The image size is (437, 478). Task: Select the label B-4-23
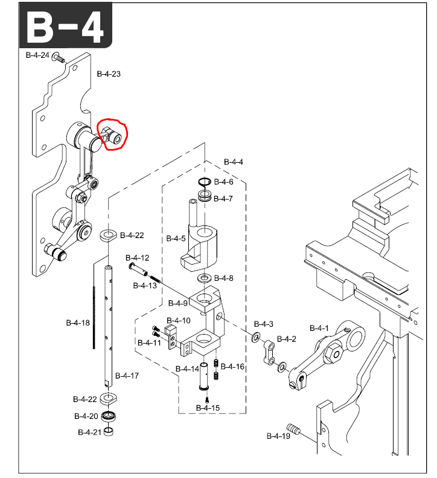point(109,74)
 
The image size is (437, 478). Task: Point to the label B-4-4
point(233,162)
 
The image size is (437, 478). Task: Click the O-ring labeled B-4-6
point(204,182)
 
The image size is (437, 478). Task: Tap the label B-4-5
point(176,238)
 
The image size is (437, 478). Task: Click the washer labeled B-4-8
point(204,278)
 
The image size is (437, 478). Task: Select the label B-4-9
point(178,303)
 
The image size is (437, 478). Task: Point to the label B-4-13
point(145,285)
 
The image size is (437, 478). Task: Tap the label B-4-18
point(77,322)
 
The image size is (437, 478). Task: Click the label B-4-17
point(127,376)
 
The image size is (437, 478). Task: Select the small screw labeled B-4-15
point(206,398)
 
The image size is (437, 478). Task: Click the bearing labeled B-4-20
point(110,416)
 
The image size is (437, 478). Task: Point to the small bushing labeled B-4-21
point(109,432)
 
